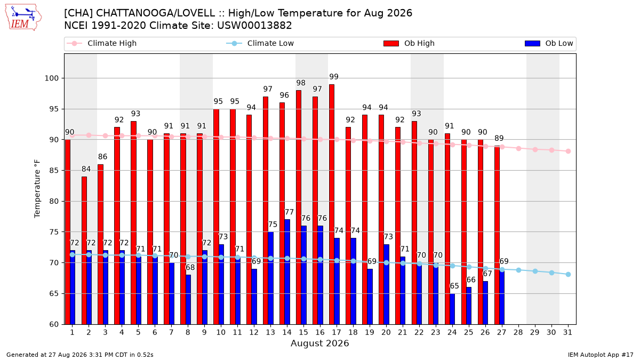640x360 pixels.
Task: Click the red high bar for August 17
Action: pyautogui.click(x=331, y=204)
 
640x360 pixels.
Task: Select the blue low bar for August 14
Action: pyautogui.click(x=287, y=271)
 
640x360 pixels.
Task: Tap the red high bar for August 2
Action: pyautogui.click(x=84, y=250)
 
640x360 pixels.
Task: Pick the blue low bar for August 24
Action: pyautogui.click(x=452, y=309)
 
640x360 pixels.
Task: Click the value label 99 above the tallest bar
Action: pyautogui.click(x=334, y=77)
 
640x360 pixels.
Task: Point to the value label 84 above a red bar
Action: pyautogui.click(x=86, y=169)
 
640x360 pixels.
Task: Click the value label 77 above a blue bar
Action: pyautogui.click(x=289, y=212)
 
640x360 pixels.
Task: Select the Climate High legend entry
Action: pyautogui.click(x=102, y=43)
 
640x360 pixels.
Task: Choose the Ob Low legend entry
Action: pyautogui.click(x=549, y=43)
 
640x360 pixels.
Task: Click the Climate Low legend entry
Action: pyautogui.click(x=260, y=43)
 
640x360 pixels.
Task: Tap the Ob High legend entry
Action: pyautogui.click(x=409, y=43)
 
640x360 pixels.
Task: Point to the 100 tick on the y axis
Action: pyautogui.click(x=51, y=78)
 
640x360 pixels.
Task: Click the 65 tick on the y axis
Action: pyautogui.click(x=54, y=293)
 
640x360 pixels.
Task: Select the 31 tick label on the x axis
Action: pyautogui.click(x=567, y=332)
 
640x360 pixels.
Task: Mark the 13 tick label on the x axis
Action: pyautogui.click(x=270, y=332)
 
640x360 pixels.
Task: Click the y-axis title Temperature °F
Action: pyautogui.click(x=37, y=189)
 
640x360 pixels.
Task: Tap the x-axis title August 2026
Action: pyautogui.click(x=319, y=343)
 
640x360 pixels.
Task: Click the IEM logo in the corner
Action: pyautogui.click(x=23, y=18)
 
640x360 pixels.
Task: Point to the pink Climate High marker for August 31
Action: pyautogui.click(x=569, y=151)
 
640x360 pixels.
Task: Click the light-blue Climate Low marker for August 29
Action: pyautogui.click(x=535, y=271)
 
